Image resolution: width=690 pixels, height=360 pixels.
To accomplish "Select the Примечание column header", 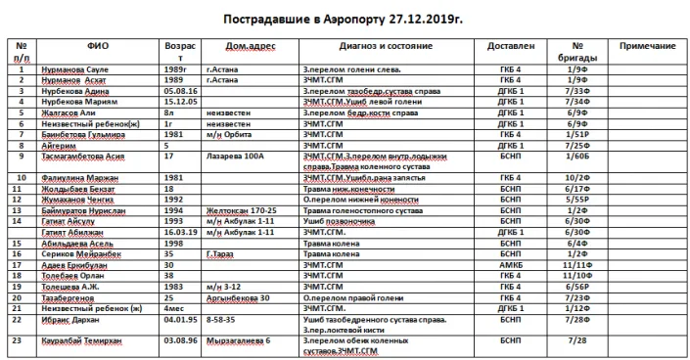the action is click(x=648, y=46).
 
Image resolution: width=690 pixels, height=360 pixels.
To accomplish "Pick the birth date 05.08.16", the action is click(x=181, y=89).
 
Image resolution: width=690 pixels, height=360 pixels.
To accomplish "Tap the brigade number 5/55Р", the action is click(x=577, y=198).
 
